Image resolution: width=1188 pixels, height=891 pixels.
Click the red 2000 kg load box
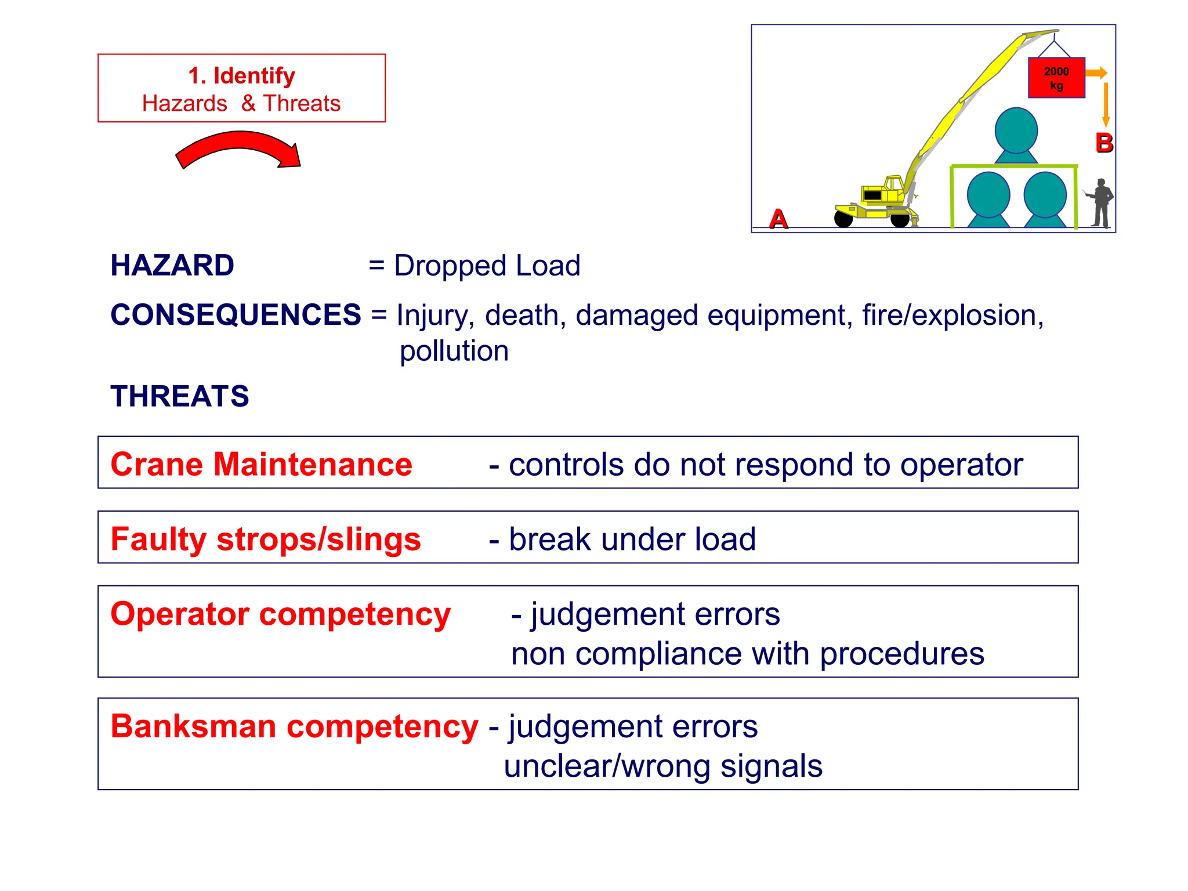pyautogui.click(x=1056, y=78)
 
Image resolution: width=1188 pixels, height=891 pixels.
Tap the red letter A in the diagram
pyautogui.click(x=778, y=219)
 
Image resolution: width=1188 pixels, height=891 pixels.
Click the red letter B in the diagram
pyautogui.click(x=1104, y=143)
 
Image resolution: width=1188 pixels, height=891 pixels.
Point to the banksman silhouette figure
pyautogui.click(x=1100, y=203)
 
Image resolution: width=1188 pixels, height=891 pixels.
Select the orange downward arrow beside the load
pyautogui.click(x=1106, y=104)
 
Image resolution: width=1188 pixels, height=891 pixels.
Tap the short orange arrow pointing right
pyautogui.click(x=1096, y=73)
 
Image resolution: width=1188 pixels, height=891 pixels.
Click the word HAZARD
pyautogui.click(x=172, y=266)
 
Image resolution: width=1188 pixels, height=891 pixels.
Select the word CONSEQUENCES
pyautogui.click(x=236, y=315)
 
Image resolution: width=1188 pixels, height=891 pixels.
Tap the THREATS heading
pyautogui.click(x=180, y=396)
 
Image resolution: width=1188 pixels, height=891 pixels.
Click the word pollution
pyautogui.click(x=454, y=351)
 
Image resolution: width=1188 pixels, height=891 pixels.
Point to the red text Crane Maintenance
pyautogui.click(x=261, y=465)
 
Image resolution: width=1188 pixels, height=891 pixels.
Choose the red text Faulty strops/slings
pyautogui.click(x=266, y=539)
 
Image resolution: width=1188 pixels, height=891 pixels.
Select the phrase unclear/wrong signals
pyautogui.click(x=663, y=766)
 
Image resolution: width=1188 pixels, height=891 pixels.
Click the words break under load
pyautogui.click(x=632, y=539)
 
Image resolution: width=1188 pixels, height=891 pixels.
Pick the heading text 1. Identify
pyautogui.click(x=241, y=76)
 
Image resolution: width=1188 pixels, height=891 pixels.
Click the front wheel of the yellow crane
pyautogui.click(x=900, y=220)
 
